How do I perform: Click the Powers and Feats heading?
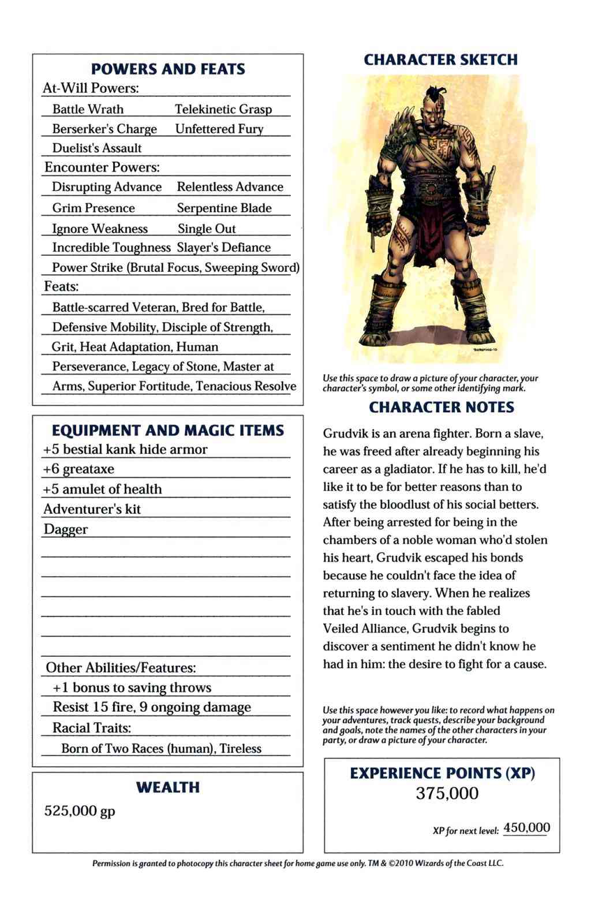(x=168, y=69)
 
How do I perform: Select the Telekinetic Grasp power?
(x=223, y=109)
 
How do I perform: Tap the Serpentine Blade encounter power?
(x=224, y=208)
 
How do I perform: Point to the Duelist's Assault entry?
(x=97, y=148)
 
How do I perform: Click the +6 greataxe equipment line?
(x=78, y=469)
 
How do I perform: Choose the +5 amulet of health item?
(x=102, y=490)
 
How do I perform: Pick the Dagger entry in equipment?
(x=66, y=529)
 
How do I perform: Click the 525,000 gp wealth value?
(x=80, y=811)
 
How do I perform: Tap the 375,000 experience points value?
(x=447, y=794)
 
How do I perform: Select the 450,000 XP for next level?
(x=526, y=828)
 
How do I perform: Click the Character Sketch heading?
(x=441, y=60)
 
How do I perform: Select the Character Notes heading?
(x=441, y=408)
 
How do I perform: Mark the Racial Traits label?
(x=92, y=728)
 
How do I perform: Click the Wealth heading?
(x=168, y=787)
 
